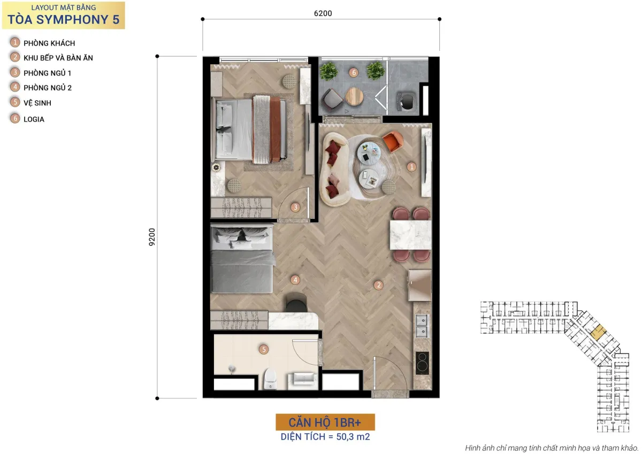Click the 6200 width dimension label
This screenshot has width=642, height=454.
coord(323,13)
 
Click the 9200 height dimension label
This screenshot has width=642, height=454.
coord(152,237)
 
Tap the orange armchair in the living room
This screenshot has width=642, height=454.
coord(393,141)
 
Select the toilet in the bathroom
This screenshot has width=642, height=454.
coord(270,379)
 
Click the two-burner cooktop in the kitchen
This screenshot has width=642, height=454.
coord(422,363)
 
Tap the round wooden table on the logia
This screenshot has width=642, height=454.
coord(354,97)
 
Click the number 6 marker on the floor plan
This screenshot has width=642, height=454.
coord(354,73)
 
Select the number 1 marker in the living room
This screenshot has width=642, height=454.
coord(411,167)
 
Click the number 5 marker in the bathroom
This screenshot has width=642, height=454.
coord(264,349)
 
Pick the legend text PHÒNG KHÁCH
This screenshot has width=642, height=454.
coord(49,43)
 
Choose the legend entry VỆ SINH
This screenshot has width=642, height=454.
coord(37,103)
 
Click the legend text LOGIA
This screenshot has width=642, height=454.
coord(34,119)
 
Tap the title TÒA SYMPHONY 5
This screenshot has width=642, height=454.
coord(63,19)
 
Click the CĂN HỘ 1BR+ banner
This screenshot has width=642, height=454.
coord(325,422)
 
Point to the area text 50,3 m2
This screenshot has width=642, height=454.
coord(353,436)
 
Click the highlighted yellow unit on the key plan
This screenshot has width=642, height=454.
coord(599,333)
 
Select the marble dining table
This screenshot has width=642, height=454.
coord(410,235)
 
